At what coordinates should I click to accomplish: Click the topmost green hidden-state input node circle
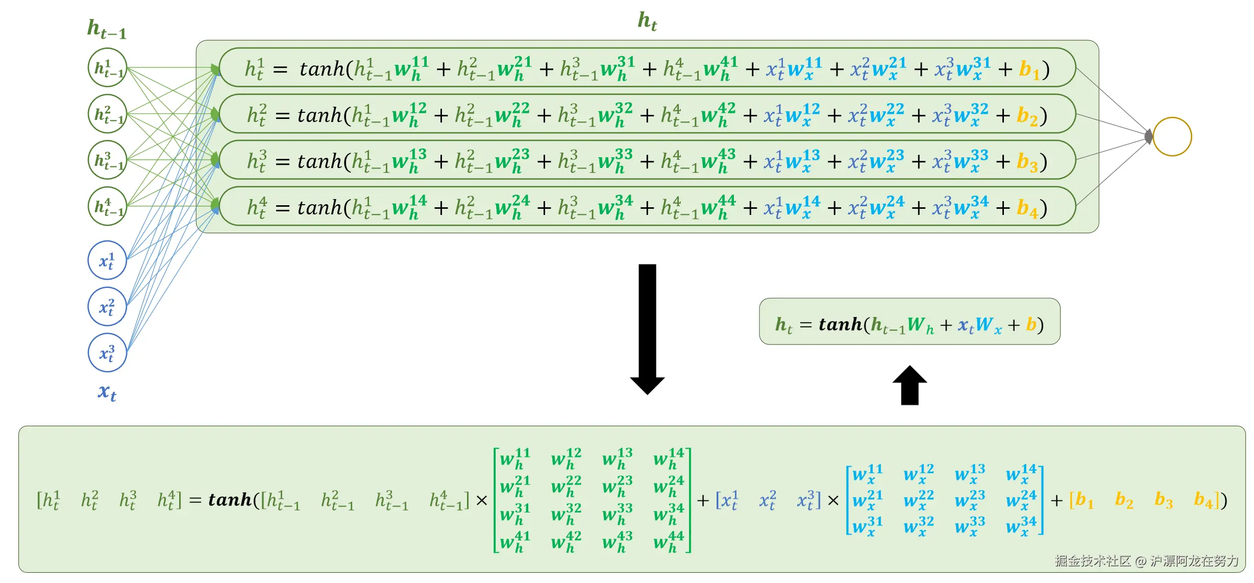(107, 67)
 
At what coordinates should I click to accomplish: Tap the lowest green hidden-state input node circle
(107, 206)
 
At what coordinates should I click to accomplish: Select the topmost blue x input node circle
(107, 260)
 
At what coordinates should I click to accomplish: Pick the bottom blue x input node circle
(107, 353)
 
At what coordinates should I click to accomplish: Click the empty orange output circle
(1172, 137)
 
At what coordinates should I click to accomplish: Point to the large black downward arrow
(647, 327)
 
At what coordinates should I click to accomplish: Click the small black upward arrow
(909, 385)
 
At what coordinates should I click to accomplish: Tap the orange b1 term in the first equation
(1029, 69)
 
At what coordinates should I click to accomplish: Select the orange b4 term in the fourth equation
(1027, 208)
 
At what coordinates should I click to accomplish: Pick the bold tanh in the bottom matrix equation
(230, 500)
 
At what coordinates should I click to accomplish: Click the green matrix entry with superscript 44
(669, 542)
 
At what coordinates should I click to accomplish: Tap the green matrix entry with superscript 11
(515, 458)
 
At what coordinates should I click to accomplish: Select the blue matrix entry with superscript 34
(1021, 526)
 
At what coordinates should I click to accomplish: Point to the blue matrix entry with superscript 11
(867, 474)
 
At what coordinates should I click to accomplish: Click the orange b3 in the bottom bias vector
(1163, 500)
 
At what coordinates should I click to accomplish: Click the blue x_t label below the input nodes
(107, 392)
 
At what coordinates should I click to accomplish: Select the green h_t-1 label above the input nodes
(107, 29)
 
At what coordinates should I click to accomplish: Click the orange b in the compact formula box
(1031, 324)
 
